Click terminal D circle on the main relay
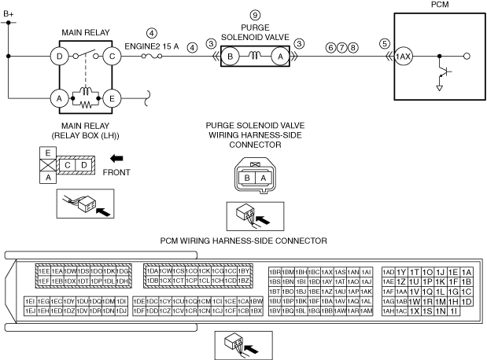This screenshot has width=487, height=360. pos(58,57)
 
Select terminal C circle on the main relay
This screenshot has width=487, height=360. pos(113,57)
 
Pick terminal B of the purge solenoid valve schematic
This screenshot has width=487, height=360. pos(230,57)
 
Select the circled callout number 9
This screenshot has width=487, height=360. pos(254,15)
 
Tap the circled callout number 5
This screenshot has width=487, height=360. pos(384,44)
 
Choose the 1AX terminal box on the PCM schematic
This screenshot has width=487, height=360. pos(403,57)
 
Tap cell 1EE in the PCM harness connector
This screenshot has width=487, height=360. pos(44,271)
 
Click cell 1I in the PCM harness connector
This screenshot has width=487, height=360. pos(454,311)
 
